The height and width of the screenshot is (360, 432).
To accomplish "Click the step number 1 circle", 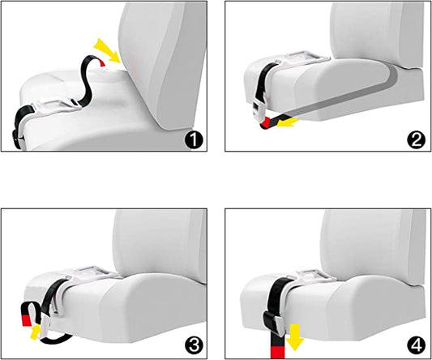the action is coord(194,140).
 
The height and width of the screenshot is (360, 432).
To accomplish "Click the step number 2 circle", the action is coord(417,140).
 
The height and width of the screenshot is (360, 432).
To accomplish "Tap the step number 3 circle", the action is coord(194,345).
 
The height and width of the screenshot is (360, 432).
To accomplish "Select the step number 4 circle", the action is coord(417,345).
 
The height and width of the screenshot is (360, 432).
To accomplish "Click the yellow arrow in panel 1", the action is coord(108,51).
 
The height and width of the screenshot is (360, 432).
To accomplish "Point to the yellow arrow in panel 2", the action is coord(288,122).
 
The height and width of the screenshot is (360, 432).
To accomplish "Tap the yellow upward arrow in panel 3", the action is coord(35,332).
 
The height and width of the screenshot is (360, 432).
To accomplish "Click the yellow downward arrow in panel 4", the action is coord(295,337).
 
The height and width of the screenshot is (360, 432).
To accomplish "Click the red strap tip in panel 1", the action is coord(102,63).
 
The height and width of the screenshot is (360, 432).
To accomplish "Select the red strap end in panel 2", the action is coord(266,122).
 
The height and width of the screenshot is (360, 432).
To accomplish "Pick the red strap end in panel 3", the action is coord(27,320).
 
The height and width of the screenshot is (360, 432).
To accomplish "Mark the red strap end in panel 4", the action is coord(277,353).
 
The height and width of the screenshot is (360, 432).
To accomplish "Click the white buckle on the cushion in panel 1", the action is coord(55,109).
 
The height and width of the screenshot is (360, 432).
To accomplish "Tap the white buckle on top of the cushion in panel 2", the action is coord(302,58).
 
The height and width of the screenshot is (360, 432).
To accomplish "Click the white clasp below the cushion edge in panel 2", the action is coord(259,109).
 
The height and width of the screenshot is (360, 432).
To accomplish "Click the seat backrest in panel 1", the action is coord(163,63).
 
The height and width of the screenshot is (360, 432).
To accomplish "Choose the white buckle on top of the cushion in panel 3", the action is coord(91,273).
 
